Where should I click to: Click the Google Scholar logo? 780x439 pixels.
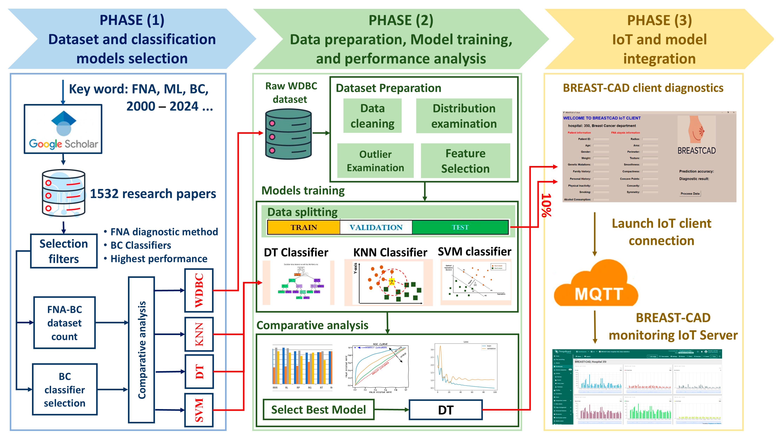(63, 129)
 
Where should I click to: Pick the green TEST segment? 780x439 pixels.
(460, 227)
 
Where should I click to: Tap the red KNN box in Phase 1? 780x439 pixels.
(199, 334)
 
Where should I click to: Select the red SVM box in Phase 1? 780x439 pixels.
(199, 410)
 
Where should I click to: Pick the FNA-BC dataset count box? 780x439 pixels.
(64, 323)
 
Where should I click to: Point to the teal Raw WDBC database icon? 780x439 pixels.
(288, 134)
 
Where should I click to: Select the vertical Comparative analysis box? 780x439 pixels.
(141, 350)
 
